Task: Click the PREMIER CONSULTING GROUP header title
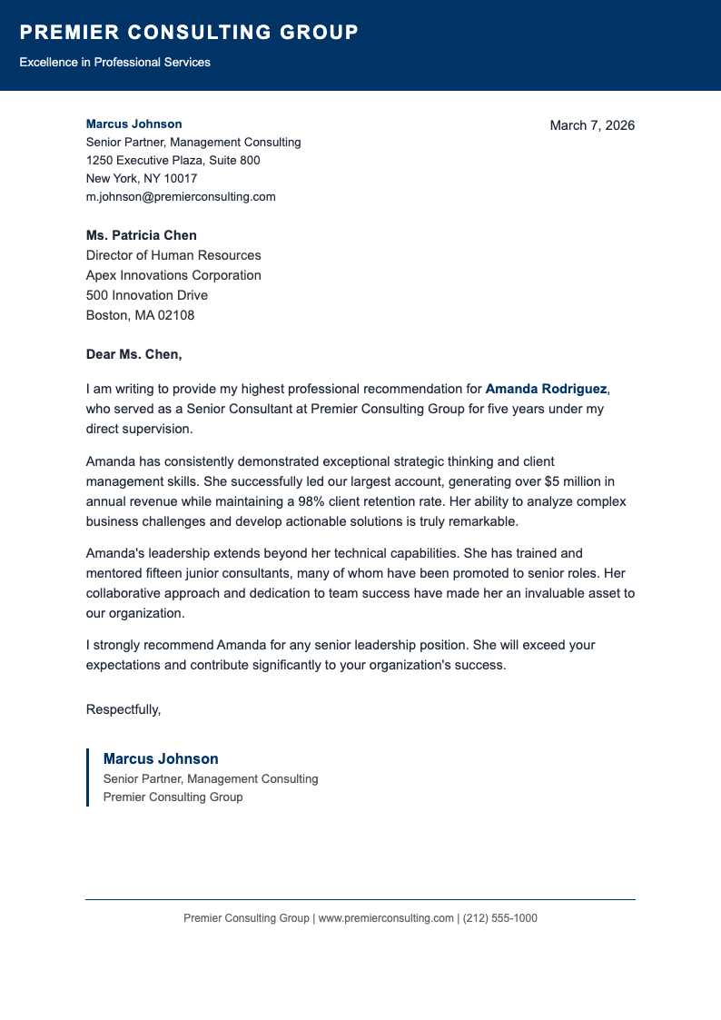click(x=189, y=33)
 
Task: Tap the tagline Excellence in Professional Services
click(x=114, y=63)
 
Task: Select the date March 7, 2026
click(x=592, y=125)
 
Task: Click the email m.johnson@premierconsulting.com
click(x=181, y=196)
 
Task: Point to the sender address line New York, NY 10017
click(x=142, y=178)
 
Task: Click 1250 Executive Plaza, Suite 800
click(x=173, y=160)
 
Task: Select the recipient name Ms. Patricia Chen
click(x=142, y=235)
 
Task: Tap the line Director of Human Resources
click(x=173, y=255)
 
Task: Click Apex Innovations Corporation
click(x=173, y=275)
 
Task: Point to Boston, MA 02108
click(x=140, y=315)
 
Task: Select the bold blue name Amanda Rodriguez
click(x=546, y=389)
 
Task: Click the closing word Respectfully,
click(x=123, y=709)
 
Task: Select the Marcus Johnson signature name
click(x=161, y=759)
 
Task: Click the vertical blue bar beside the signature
click(x=88, y=777)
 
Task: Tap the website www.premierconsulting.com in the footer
click(x=386, y=918)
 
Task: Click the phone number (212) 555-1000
click(x=500, y=918)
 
